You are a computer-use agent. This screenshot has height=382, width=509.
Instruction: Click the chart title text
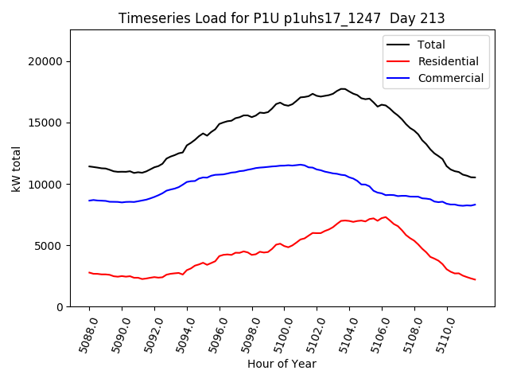click(x=282, y=18)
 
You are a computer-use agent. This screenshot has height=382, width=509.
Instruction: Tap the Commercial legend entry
click(x=450, y=78)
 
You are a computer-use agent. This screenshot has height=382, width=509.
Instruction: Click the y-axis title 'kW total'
click(x=16, y=168)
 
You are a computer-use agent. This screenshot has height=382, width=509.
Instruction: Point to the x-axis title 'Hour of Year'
click(x=282, y=364)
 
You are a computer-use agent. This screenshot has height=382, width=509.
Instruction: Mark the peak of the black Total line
click(x=343, y=88)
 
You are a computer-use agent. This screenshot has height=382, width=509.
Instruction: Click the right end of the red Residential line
click(x=475, y=279)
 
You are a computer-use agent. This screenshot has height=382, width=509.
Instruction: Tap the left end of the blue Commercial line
click(x=89, y=201)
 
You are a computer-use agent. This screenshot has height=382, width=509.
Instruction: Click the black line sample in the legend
click(x=398, y=45)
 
